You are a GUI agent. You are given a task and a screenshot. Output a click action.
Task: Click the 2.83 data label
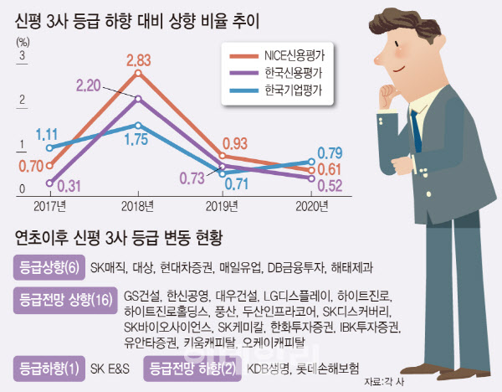[138, 60]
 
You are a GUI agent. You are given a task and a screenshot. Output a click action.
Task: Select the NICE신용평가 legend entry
[277, 56]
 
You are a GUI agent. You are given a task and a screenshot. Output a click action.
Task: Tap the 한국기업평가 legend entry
[276, 90]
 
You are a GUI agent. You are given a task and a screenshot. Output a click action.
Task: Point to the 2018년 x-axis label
[138, 206]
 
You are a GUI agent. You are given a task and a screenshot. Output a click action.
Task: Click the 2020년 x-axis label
[312, 206]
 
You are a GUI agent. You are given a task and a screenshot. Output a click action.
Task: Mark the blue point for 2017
[49, 147]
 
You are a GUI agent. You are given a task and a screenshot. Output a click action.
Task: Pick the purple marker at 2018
[138, 99]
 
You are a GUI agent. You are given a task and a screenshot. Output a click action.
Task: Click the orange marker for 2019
[223, 156]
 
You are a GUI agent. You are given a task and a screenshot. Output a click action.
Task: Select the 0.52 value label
[330, 186]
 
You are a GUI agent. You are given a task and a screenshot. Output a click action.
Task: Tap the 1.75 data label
[136, 139]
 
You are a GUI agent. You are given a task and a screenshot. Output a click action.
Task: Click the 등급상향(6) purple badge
[49, 268]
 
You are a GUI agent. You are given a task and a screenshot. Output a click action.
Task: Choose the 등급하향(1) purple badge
[49, 369]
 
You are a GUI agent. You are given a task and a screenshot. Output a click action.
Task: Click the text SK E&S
[110, 369]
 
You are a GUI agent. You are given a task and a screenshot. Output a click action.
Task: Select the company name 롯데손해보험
[327, 368]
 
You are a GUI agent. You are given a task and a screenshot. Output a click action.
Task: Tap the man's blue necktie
[416, 132]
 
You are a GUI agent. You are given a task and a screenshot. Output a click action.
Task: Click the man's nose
[380, 57]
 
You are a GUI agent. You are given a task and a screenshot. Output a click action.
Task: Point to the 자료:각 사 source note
[384, 382]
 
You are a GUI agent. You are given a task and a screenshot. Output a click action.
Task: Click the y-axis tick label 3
[22, 55]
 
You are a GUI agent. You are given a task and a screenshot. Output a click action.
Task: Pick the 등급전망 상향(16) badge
[65, 301]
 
